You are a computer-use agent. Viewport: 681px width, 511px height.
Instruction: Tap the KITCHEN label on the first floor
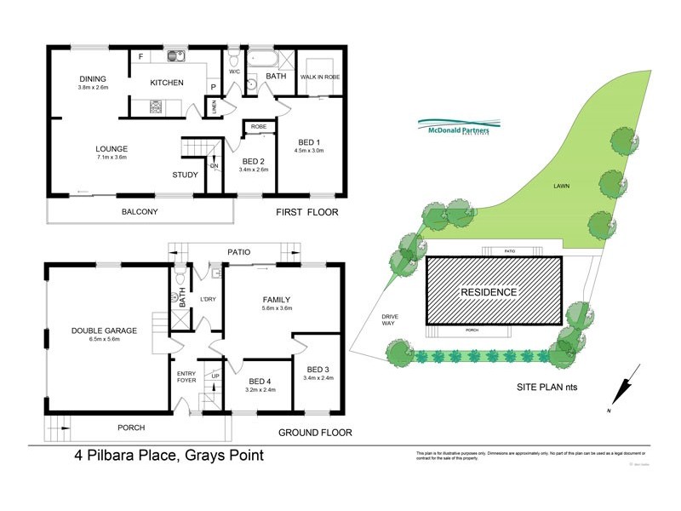(167, 83)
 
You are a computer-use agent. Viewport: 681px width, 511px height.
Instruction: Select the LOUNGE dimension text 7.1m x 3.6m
(111, 158)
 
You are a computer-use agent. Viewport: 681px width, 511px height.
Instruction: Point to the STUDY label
(185, 175)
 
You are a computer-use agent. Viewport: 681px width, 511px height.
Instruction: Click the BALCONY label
(140, 211)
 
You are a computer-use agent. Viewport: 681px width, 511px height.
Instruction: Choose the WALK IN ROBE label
(320, 77)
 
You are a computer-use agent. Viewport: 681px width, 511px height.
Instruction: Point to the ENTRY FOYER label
(186, 377)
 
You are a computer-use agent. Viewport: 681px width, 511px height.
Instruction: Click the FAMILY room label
(276, 300)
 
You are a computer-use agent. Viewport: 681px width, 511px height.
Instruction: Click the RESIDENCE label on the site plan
(489, 292)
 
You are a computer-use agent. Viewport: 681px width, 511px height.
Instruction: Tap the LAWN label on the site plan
(561, 186)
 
